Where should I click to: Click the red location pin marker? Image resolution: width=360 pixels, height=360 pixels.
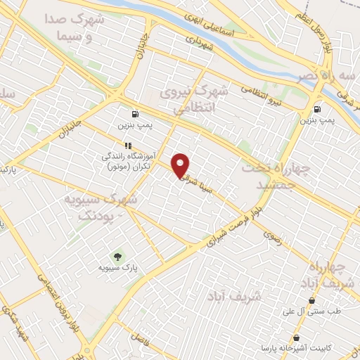(181, 165)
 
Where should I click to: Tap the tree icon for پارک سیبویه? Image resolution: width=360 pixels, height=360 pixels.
(117, 256)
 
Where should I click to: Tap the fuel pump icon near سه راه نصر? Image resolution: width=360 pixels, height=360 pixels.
(318, 109)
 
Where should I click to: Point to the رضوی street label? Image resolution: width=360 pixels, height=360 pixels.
(271, 239)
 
